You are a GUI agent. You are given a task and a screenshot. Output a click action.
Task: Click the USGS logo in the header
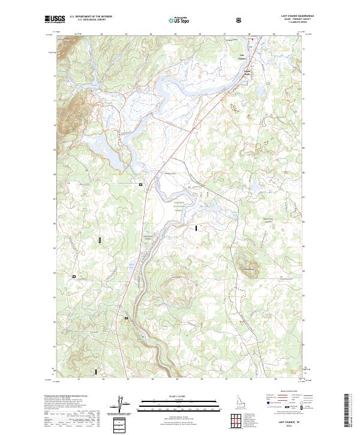point(55,20)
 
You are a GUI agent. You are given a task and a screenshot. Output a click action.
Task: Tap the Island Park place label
point(246,74)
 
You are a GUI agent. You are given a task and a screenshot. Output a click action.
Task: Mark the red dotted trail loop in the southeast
point(238,298)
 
